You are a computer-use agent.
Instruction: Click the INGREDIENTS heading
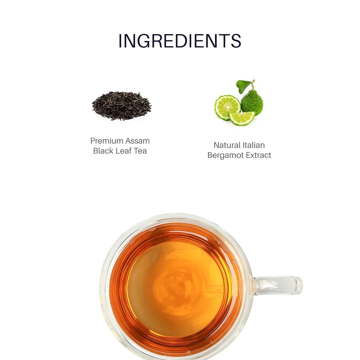coord(180,41)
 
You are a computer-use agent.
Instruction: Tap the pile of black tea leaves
coord(121,105)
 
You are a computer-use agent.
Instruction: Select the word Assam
coord(137,141)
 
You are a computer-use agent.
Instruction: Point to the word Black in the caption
coord(103,151)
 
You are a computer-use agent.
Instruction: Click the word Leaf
coord(123,151)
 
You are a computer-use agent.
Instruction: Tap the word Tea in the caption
coord(140,151)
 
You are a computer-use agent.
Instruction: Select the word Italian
coord(254,145)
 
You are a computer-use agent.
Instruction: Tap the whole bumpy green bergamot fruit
coord(252,102)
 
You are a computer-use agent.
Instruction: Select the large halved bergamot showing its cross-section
coord(227,107)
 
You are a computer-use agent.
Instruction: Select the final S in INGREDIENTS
coord(236,41)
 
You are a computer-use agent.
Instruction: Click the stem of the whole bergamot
coord(253,85)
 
